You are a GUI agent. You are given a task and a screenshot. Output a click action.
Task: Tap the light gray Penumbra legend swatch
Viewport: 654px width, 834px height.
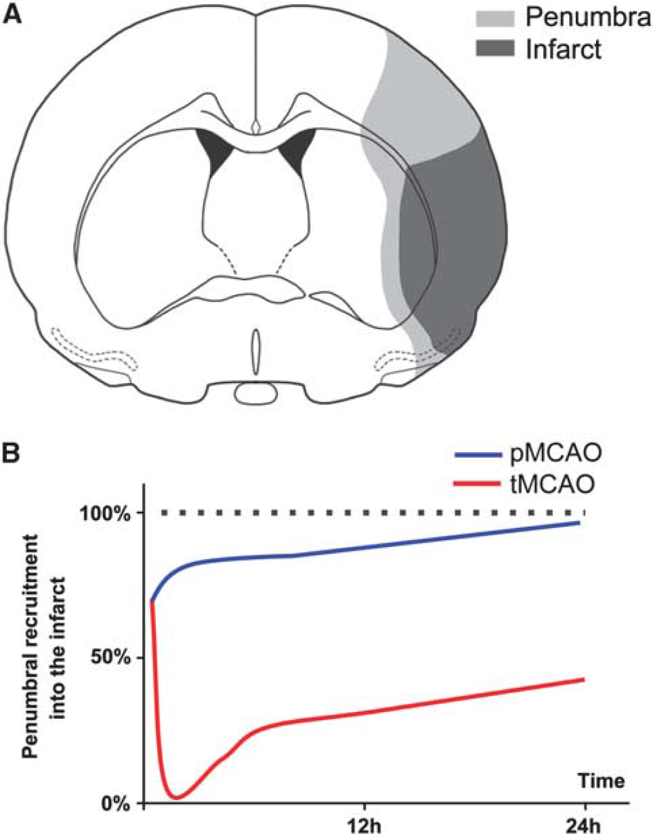tap(495, 18)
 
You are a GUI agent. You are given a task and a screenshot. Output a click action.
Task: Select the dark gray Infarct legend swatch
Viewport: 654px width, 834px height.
tap(495, 48)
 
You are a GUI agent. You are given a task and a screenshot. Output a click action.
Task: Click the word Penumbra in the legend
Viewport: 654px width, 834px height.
tap(588, 18)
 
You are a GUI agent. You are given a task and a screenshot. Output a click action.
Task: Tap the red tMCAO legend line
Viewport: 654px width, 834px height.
tap(478, 484)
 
